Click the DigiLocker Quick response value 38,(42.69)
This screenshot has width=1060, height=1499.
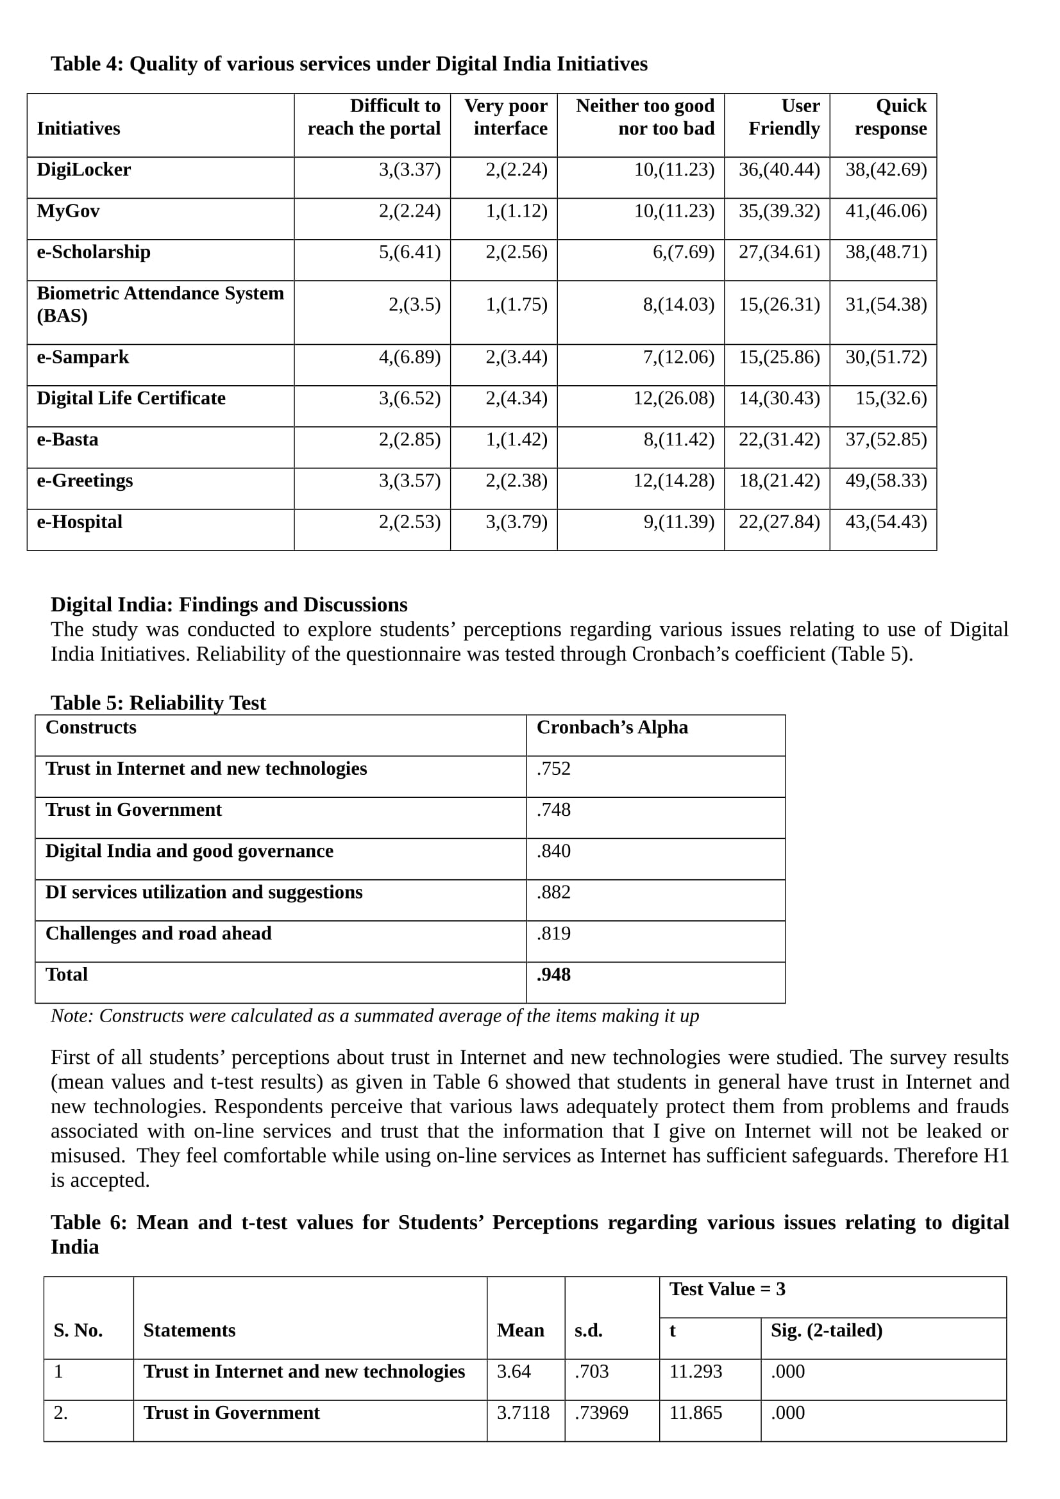coord(886,170)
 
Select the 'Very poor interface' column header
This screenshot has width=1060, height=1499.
coord(505,117)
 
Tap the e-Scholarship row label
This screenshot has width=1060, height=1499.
coord(94,252)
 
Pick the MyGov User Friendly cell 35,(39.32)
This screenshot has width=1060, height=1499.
coord(779,211)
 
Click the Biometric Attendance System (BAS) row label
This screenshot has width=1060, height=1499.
coord(160,304)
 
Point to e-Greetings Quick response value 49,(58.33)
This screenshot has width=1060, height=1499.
coord(886,481)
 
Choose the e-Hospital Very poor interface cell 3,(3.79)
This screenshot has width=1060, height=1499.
coord(516,522)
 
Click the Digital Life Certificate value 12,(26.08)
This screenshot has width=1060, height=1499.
coord(673,398)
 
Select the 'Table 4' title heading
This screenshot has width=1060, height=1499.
coord(349,64)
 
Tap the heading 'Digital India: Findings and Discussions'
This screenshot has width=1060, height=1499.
coord(228,604)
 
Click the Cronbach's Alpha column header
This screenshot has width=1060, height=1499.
coord(612,727)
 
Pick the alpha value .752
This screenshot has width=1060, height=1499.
coord(553,768)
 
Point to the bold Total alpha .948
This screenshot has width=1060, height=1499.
coord(553,974)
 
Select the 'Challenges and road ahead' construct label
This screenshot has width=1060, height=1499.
coord(158,933)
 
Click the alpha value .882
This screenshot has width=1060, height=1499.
coord(553,892)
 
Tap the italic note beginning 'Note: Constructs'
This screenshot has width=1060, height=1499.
coord(374,1016)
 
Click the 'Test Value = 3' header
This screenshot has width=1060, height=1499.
coord(727,1289)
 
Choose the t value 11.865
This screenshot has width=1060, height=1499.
coord(696,1413)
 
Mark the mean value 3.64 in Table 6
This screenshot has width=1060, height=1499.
coord(514,1371)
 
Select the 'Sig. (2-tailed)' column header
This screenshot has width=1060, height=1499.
coord(826,1330)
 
